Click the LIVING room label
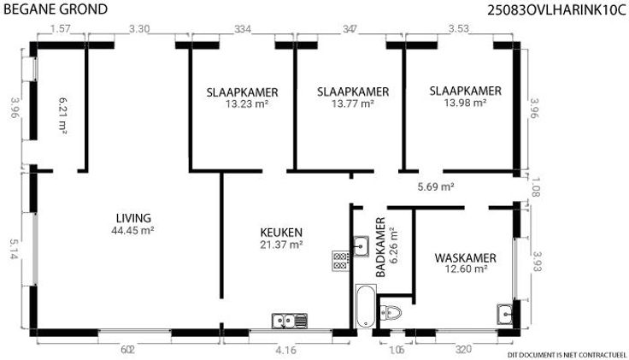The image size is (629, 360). [x=133, y=218]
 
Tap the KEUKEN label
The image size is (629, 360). [x=281, y=233]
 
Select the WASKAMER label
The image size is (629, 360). [x=465, y=257]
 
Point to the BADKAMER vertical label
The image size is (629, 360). [x=380, y=247]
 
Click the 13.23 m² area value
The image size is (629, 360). [x=246, y=104]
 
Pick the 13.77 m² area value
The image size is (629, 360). [x=353, y=104]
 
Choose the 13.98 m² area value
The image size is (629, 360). [x=465, y=103]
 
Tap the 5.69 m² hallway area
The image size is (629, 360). [x=436, y=186]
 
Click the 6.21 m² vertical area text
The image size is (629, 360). [x=62, y=115]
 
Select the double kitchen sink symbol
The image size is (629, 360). [x=290, y=321]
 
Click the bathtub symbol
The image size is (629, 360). [x=366, y=306]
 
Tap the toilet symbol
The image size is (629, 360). [x=391, y=312]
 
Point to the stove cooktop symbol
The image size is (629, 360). [x=341, y=262]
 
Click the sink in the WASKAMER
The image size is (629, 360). [x=504, y=314]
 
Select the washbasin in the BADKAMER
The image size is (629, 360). [x=361, y=245]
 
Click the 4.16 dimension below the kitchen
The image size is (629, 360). [x=285, y=351]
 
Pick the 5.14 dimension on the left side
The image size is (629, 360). [x=14, y=249]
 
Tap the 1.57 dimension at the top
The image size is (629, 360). [x=61, y=29]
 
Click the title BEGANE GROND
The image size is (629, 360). [x=56, y=9]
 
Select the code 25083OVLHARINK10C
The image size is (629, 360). [x=556, y=10]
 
